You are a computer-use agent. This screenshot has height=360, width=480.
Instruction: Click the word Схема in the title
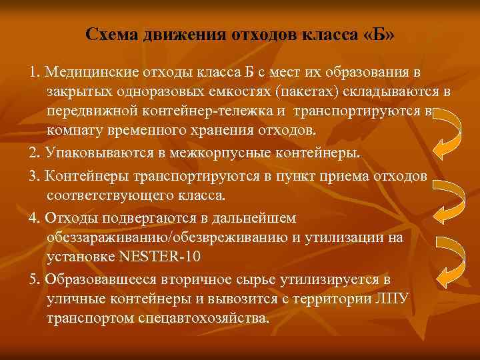click(112, 33)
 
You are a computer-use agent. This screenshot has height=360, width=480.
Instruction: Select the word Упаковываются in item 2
click(96, 153)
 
